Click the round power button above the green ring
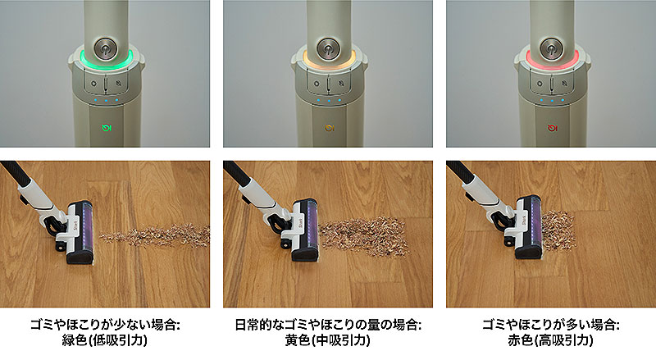106,49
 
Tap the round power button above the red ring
551,49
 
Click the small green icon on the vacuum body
107,127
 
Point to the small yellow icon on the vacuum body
330,128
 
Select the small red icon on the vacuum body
553,128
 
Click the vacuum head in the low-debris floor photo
75,231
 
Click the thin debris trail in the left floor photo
155,235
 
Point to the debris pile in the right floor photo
558,230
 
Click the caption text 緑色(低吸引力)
105,339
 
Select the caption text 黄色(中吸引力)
327,339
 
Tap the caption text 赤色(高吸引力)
550,339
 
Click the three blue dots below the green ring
106,101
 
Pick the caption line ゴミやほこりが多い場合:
550,325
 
